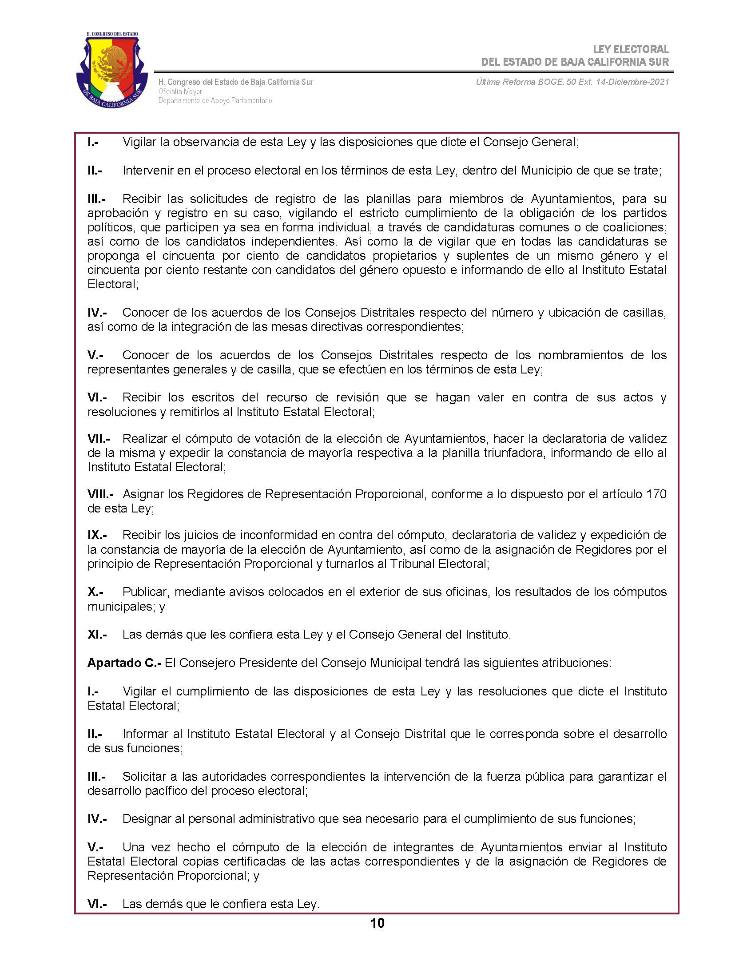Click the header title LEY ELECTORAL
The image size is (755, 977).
pos(631,49)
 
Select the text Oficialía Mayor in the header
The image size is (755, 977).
pos(180,91)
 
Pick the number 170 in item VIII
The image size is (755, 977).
pos(656,494)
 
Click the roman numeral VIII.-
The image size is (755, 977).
pos(100,494)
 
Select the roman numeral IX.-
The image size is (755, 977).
pos(97,535)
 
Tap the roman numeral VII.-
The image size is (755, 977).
pos(99,438)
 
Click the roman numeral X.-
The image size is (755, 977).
pos(95,592)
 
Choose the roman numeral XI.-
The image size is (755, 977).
pos(97,634)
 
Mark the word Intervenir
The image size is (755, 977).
pos(148,171)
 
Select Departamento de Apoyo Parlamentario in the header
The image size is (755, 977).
pos(215,101)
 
